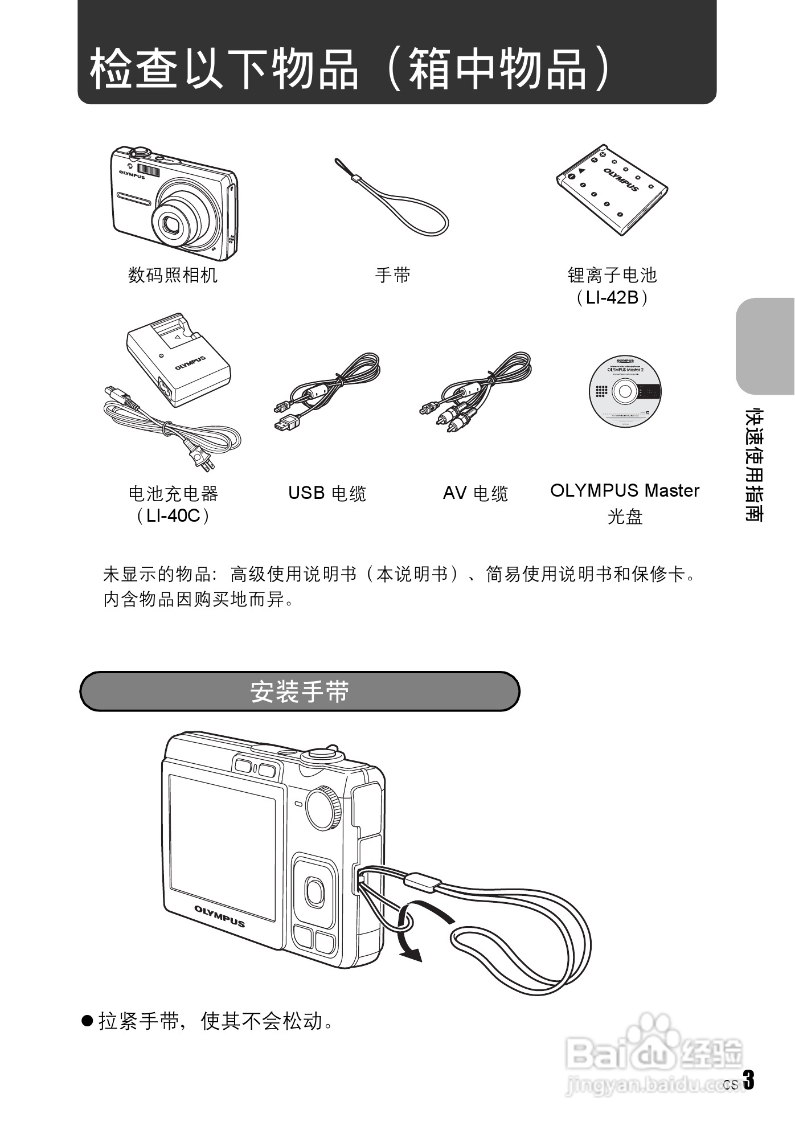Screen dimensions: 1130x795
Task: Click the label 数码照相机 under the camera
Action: (173, 276)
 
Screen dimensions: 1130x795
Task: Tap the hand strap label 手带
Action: (392, 276)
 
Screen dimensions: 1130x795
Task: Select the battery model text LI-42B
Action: (612, 297)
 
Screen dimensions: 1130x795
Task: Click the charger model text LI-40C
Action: (173, 515)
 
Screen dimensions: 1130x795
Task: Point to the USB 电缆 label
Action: (327, 493)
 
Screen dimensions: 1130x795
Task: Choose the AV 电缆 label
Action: (475, 493)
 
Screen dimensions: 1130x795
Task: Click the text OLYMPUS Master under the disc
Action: (624, 490)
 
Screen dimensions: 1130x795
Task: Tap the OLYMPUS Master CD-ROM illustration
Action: (625, 392)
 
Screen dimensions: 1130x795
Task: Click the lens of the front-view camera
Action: (174, 224)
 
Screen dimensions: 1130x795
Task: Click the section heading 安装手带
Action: (300, 691)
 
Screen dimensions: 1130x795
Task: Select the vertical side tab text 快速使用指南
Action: (756, 464)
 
